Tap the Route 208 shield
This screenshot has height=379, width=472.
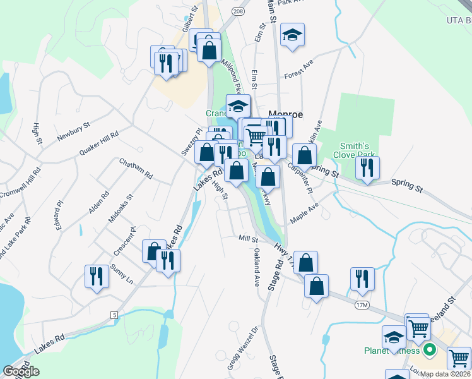(237, 11)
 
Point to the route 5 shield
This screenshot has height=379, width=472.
(114, 315)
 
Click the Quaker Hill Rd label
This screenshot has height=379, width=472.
(99, 140)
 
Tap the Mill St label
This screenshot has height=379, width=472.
(248, 239)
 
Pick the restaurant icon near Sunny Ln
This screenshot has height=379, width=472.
(96, 276)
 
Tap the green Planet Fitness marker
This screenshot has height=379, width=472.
(430, 349)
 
